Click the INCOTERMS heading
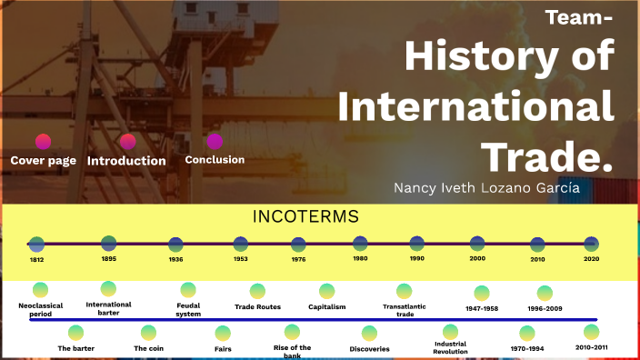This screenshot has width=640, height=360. click(305, 217)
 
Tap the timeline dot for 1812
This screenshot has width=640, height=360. click(36, 244)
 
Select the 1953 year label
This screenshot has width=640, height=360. click(240, 258)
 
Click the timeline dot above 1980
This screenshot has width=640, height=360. click(360, 243)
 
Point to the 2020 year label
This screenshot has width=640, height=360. click(591, 258)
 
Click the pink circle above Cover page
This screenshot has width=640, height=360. click(43, 141)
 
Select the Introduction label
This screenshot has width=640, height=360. click(126, 161)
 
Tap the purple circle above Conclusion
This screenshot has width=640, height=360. click(215, 141)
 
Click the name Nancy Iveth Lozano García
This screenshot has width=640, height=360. click(486, 187)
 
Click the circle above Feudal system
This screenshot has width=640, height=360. click(188, 290)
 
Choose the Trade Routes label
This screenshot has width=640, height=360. click(257, 307)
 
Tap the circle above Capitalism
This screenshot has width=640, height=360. click(326, 291)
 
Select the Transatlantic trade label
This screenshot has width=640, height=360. click(404, 310)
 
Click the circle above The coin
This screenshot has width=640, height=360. click(148, 332)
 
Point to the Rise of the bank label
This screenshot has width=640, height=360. click(292, 351)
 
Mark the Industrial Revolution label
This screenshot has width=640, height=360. click(450, 348)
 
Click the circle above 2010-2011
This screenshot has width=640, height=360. click(591, 332)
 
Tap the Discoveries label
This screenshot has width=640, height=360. click(369, 348)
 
